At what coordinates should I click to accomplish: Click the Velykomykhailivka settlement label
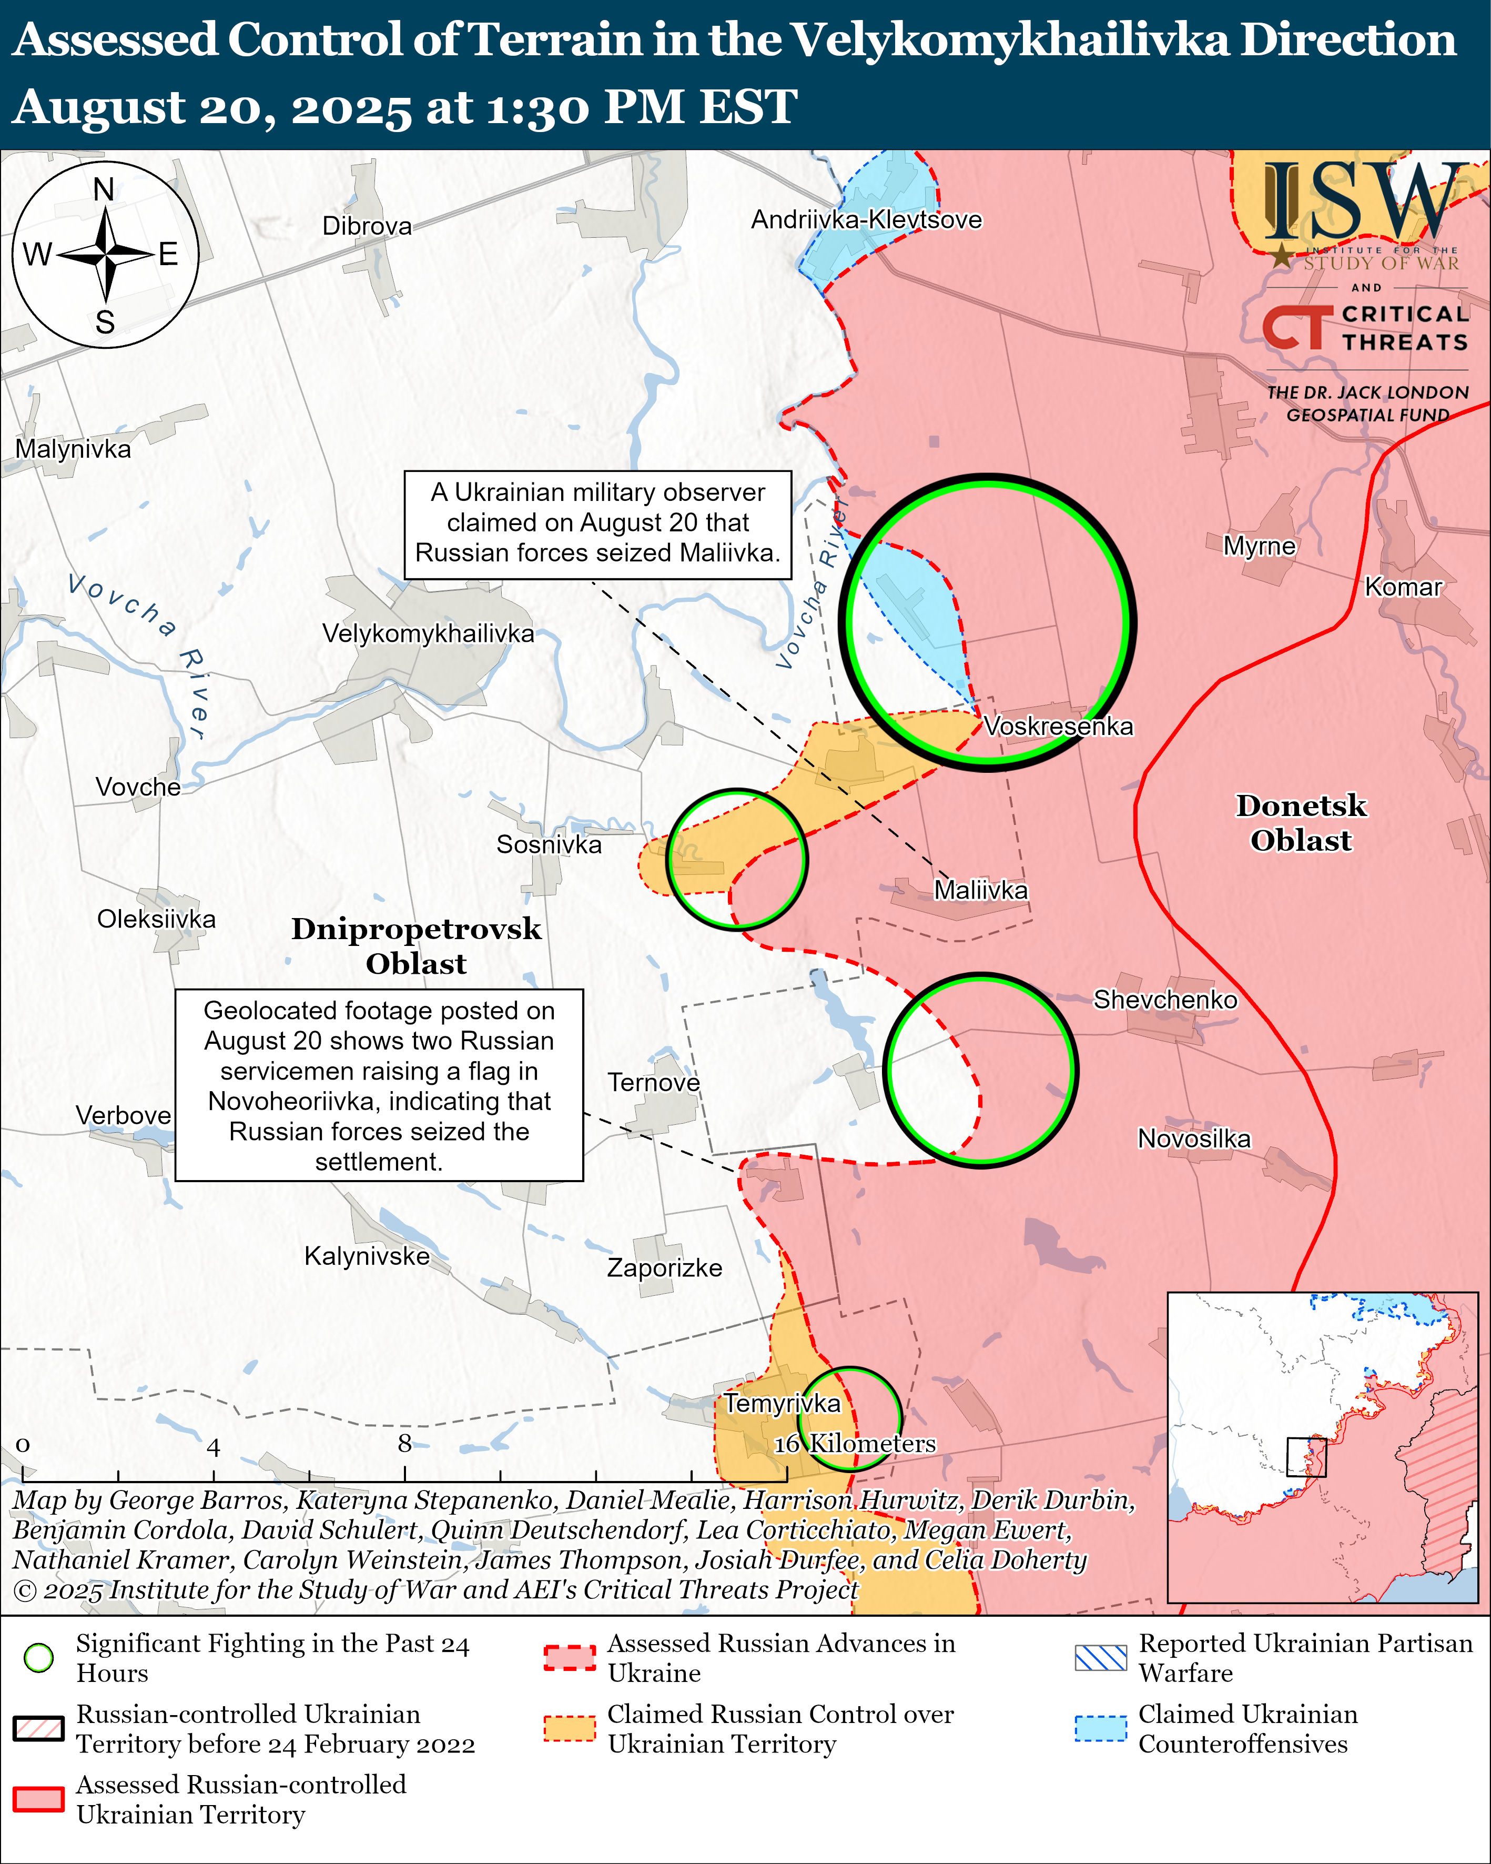pos(428,634)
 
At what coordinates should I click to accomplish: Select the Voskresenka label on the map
pos(1058,726)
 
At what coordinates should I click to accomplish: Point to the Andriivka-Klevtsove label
pos(866,219)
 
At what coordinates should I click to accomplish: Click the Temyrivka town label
pos(782,1403)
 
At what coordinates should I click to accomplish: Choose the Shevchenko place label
pos(1165,1000)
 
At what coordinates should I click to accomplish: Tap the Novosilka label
pos(1194,1138)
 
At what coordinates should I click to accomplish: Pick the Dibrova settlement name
pos(367,227)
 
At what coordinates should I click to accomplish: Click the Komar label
pos(1403,587)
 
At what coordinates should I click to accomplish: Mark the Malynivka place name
pos(74,450)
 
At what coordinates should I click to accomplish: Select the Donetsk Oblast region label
pos(1301,823)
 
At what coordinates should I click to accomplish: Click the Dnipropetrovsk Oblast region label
pos(416,946)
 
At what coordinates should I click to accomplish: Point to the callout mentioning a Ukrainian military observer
pos(597,524)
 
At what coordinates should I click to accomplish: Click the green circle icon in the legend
pos(39,1657)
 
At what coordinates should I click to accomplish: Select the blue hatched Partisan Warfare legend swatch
pos(1100,1657)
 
